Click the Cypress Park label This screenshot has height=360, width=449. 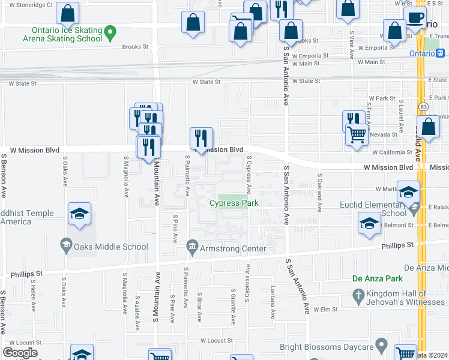click(x=234, y=203)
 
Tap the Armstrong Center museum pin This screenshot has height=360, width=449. click(x=192, y=245)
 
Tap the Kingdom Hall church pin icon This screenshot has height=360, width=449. click(x=358, y=296)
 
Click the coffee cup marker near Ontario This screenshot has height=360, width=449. click(x=415, y=17)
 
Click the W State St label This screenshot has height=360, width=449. click(x=206, y=82)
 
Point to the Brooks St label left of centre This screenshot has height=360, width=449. click(x=135, y=46)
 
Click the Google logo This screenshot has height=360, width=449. click(x=20, y=353)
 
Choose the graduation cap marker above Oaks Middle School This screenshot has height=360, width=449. click(x=79, y=215)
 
